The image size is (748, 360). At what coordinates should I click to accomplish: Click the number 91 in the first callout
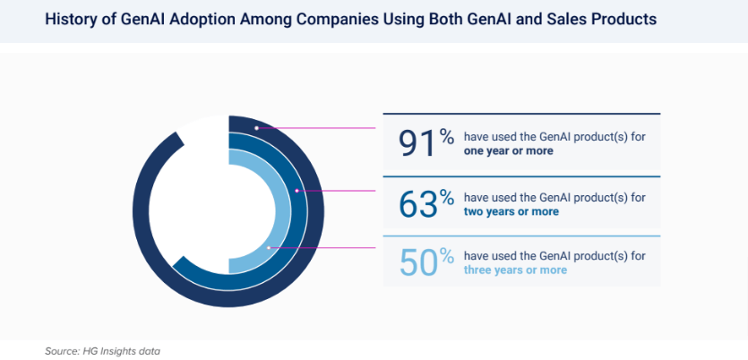417,143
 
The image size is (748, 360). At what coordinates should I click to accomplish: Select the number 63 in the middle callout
418,204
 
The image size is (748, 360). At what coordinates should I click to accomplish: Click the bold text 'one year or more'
508,151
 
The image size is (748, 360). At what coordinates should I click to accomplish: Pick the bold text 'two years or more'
511,212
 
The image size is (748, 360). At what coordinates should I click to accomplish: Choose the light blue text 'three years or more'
515,270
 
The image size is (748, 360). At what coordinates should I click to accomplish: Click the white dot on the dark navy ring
256,128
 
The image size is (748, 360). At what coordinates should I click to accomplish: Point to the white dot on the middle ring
297,190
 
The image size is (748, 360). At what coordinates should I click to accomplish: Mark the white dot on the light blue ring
269,247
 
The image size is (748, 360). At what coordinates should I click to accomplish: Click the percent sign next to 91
446,137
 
